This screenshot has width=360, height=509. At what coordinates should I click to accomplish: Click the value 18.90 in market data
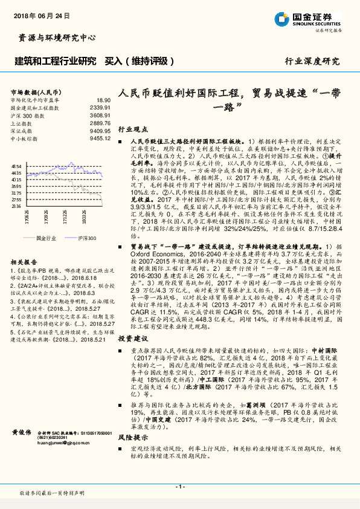coord(103,100)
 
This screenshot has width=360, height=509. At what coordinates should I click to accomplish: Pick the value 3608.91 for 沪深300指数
coord(100,115)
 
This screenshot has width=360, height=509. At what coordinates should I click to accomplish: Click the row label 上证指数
coord(24,123)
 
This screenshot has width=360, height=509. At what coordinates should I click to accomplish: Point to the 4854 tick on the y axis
coord(17,166)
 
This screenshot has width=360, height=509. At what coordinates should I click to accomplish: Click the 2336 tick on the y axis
coord(17,206)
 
